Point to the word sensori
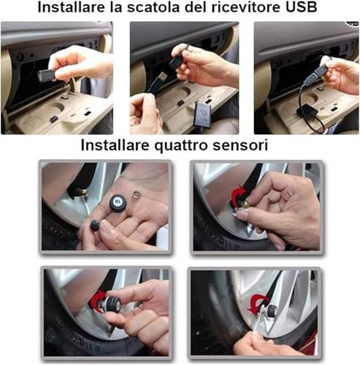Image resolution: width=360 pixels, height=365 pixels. [240, 145]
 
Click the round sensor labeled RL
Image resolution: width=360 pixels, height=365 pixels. [118, 201]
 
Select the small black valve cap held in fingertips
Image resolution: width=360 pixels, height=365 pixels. [95, 225]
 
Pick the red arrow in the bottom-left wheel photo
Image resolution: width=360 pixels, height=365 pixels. [99, 300]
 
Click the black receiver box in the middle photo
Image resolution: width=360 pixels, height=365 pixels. [203, 115]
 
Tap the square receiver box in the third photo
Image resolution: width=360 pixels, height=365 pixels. [305, 111]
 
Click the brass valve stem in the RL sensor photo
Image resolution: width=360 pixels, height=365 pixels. [83, 194]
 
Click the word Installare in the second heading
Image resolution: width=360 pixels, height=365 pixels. [115, 145]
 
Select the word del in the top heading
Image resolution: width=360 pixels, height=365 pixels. [196, 7]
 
